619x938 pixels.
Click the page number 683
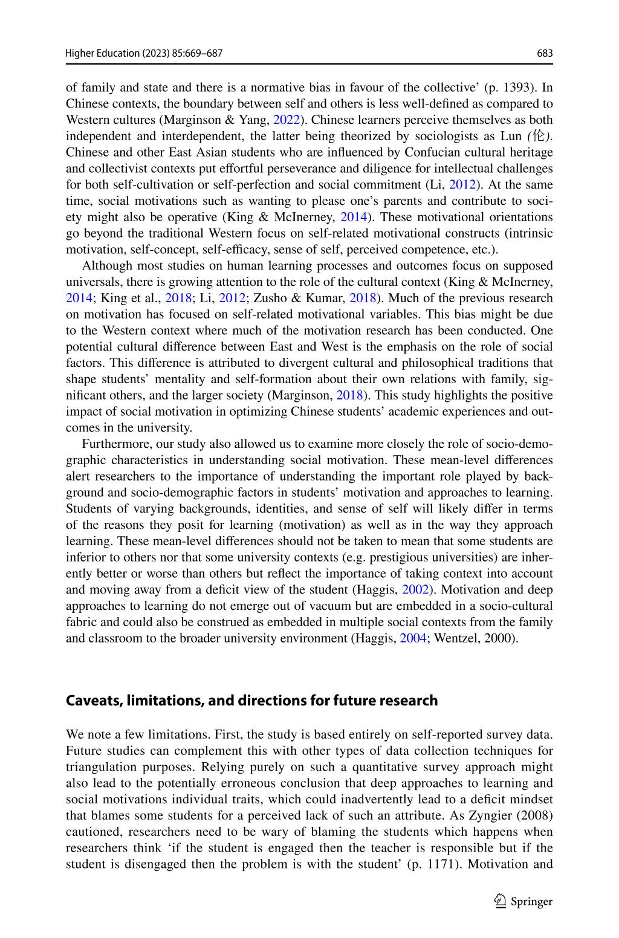(x=545, y=53)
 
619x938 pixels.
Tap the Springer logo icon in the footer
(x=500, y=901)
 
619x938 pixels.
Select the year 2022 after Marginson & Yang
(x=287, y=120)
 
